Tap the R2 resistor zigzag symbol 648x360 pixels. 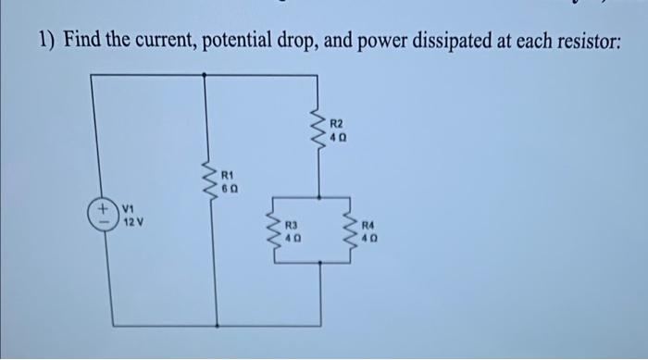(318, 130)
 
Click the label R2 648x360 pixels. (337, 123)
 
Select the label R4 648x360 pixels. (369, 225)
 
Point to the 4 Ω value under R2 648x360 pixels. (337, 137)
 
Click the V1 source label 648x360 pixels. (128, 209)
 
